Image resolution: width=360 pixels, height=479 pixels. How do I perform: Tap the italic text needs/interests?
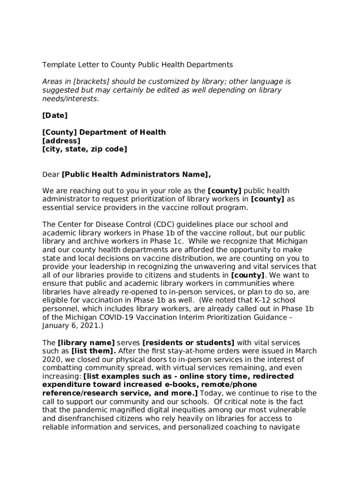[x=70, y=99]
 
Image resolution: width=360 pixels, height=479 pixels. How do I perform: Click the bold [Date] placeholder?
[x=55, y=116]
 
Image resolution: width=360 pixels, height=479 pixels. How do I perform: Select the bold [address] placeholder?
[x=61, y=141]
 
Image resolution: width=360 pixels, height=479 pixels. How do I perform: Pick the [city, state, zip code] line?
[x=84, y=149]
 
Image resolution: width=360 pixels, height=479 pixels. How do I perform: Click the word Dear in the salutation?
[x=51, y=174]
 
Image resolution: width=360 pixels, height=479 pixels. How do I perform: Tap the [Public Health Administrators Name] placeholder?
[x=136, y=174]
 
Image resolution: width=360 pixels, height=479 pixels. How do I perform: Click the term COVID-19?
[x=115, y=317]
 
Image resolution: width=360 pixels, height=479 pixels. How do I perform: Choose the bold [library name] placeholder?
[x=86, y=343]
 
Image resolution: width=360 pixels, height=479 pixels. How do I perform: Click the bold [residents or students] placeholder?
[x=188, y=343]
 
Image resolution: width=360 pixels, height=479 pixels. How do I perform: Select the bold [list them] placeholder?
[x=94, y=351]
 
